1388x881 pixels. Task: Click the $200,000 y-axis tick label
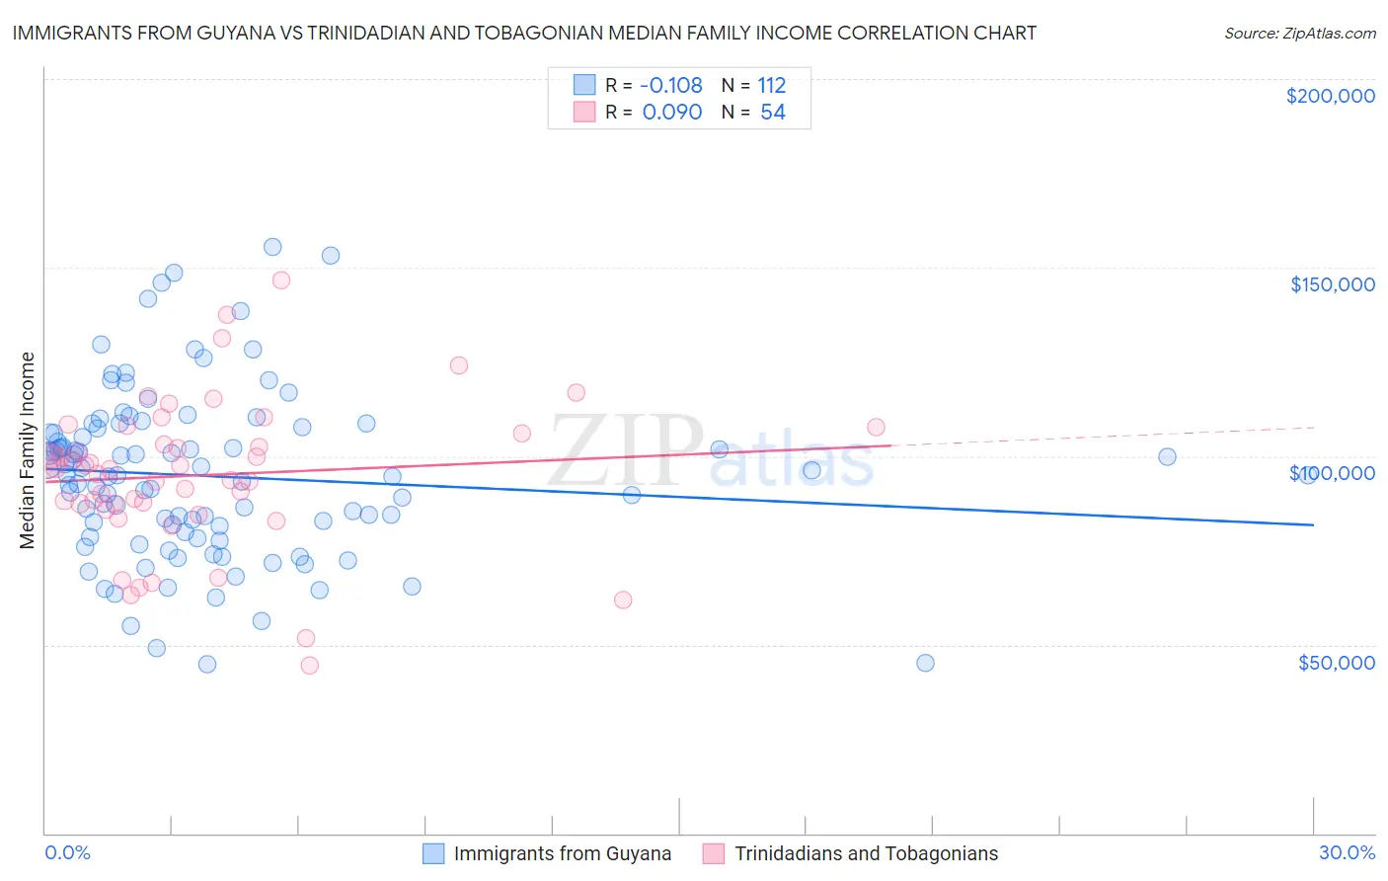[1330, 96]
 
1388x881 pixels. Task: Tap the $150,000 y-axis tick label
[1332, 284]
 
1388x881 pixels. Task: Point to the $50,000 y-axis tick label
[1336, 662]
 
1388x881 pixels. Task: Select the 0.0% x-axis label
[67, 852]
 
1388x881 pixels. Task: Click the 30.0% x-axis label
[1347, 852]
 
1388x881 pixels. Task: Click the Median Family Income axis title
[28, 450]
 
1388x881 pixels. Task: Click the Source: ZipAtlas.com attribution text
[1299, 33]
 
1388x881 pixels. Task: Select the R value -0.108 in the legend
[671, 86]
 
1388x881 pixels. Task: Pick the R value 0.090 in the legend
[671, 113]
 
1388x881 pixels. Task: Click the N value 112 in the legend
[771, 86]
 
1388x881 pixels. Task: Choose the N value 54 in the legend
[772, 113]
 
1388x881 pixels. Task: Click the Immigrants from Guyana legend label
[562, 853]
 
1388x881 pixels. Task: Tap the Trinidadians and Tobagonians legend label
[866, 853]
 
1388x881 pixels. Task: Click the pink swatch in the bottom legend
[714, 853]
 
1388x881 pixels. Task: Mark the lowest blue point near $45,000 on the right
[925, 663]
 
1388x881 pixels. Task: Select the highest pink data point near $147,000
[281, 280]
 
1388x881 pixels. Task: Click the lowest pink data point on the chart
[309, 666]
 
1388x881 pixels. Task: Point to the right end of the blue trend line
[1314, 524]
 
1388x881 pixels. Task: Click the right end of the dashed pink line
[1314, 428]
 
